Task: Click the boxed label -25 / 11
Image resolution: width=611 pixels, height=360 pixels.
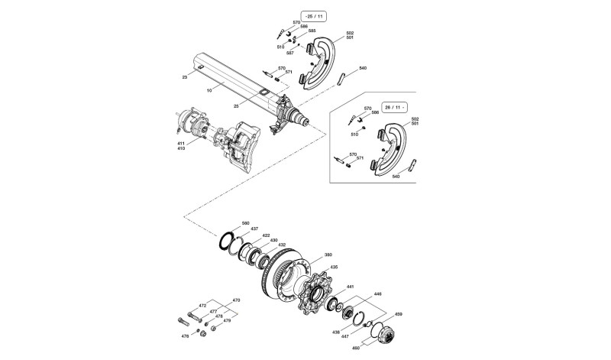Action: [314, 17]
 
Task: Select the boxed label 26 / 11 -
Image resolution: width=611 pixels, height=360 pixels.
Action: [393, 107]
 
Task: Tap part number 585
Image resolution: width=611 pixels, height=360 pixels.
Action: [312, 31]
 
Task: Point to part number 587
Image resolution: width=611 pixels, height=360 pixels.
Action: [290, 53]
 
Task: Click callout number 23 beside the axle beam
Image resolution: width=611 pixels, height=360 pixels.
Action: [185, 77]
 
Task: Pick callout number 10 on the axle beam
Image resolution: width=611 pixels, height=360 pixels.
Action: [209, 90]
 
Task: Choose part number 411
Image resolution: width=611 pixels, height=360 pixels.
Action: [181, 144]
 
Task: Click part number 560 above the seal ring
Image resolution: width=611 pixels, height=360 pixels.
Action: [245, 223]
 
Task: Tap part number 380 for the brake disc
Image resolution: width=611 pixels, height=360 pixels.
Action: [328, 255]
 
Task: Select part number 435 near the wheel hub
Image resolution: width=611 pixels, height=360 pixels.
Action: [334, 268]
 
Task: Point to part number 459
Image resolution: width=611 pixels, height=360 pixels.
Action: [398, 314]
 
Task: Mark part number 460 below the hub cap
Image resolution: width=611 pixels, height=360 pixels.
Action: [356, 348]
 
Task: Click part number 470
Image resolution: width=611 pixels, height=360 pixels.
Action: [236, 300]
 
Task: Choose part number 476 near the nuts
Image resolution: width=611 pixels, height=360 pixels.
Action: [185, 336]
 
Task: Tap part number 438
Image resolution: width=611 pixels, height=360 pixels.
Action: [336, 332]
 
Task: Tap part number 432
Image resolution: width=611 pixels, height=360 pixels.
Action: [281, 245]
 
